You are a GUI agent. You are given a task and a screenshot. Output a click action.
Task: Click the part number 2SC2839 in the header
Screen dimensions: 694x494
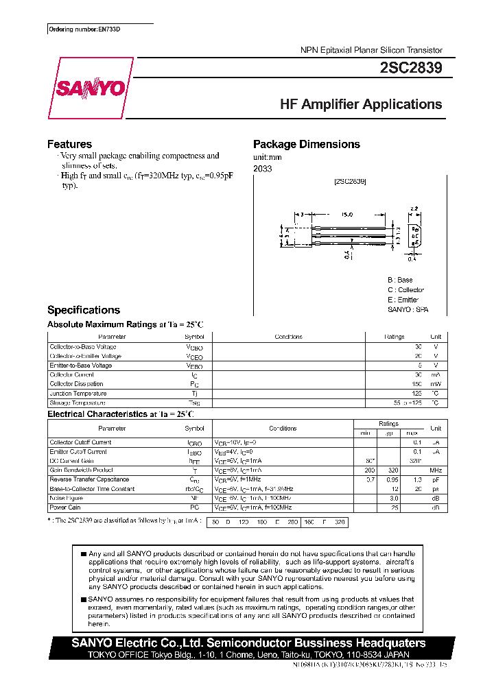click(x=410, y=68)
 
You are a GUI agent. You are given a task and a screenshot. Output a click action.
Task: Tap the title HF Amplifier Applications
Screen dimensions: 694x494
click(x=361, y=104)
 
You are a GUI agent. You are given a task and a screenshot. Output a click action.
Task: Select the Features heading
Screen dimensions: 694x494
click(x=69, y=144)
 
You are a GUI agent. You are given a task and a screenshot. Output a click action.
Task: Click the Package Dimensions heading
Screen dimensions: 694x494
click(x=306, y=144)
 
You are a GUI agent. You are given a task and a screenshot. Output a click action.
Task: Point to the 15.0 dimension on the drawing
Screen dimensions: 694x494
click(x=347, y=215)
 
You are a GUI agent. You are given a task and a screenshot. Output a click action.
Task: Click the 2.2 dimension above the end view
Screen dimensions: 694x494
click(x=414, y=208)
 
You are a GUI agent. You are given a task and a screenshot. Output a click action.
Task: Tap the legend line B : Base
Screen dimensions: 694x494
click(x=400, y=280)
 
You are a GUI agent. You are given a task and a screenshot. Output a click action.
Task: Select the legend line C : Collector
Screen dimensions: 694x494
click(x=405, y=290)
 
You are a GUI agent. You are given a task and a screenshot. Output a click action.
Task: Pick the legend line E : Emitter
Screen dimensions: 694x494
click(x=403, y=300)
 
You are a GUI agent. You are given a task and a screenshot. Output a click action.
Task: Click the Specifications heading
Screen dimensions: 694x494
click(x=83, y=310)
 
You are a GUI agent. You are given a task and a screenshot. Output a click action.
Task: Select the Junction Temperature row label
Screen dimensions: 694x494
click(x=78, y=394)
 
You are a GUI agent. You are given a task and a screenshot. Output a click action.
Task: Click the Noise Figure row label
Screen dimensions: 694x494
click(x=66, y=498)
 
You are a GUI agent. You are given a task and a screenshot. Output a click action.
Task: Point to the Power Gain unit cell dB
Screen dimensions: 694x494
click(x=435, y=507)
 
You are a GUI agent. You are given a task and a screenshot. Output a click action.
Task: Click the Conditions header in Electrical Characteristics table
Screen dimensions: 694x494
click(x=283, y=428)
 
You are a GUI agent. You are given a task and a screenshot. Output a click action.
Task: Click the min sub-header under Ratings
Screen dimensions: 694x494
click(x=365, y=433)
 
